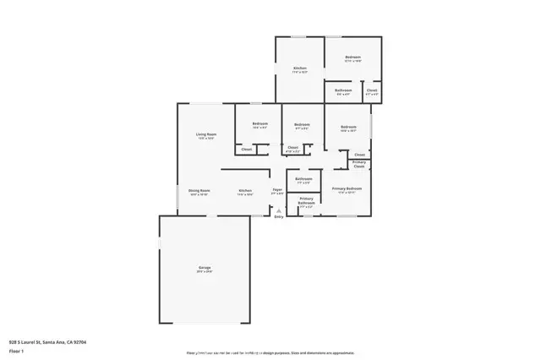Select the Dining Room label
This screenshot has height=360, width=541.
199,191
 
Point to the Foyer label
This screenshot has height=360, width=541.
276,191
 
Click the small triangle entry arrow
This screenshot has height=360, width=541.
278,210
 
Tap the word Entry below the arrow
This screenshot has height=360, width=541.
279,217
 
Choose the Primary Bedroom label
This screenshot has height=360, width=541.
347,188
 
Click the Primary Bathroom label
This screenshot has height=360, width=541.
306,201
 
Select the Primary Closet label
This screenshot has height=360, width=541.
359,165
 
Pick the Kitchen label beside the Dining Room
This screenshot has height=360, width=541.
245,191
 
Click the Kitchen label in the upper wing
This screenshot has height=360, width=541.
299,68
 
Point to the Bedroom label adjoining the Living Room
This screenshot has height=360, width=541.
260,125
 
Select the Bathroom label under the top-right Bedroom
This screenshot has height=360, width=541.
342,90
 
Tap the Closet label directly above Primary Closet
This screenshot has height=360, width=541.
359,155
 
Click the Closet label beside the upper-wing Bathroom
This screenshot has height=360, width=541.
372,90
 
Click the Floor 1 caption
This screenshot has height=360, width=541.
16,350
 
